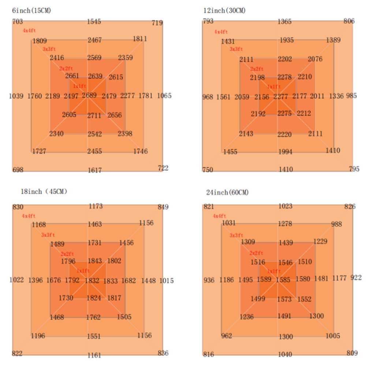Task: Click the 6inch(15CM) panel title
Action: tap(31, 11)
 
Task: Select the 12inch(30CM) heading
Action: tap(224, 11)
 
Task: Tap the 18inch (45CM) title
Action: tap(44, 191)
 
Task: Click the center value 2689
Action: tap(90, 96)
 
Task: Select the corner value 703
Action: tap(17, 22)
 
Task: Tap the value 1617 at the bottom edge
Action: tap(94, 170)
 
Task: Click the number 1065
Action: tap(164, 96)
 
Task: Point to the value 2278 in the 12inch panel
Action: tap(284, 77)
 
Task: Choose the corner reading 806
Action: tap(349, 21)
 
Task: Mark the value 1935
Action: tap(286, 40)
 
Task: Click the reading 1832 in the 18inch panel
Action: tap(92, 281)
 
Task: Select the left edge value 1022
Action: tap(16, 280)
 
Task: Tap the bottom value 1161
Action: tap(94, 355)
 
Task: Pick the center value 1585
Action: tap(283, 280)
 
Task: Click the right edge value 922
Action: tap(356, 278)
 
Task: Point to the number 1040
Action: tap(285, 354)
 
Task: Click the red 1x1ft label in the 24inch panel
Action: tap(273, 271)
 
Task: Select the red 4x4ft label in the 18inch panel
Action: tap(29, 216)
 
